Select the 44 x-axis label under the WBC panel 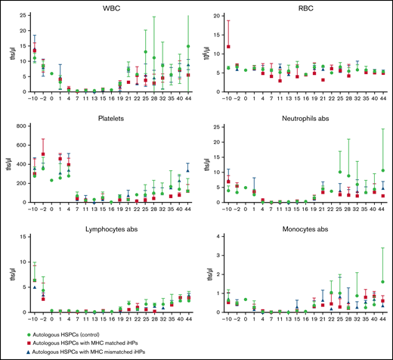(187, 99)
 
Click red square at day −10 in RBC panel (229, 47)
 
